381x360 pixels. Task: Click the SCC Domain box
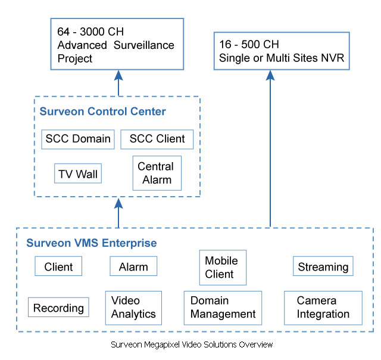[78, 139]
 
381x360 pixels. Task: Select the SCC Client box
[157, 139]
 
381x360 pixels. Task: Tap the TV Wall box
[78, 173]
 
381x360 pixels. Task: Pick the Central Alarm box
[157, 173]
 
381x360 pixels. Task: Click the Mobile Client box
[223, 268]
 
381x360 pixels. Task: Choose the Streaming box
[323, 266]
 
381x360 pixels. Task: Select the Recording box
[58, 307]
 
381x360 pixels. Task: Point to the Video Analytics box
[133, 308]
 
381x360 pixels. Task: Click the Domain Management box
[223, 308]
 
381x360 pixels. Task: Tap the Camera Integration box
[323, 308]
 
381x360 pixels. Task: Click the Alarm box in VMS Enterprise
[133, 266]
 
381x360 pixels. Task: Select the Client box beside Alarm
[58, 266]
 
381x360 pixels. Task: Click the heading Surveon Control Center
[102, 111]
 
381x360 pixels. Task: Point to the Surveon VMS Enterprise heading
[91, 243]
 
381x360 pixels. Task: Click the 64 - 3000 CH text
[90, 32]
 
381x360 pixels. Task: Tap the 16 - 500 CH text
[249, 45]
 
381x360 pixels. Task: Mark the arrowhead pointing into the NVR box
[270, 75]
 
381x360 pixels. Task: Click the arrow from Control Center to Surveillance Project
[118, 83]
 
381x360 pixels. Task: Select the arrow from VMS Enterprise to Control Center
[118, 213]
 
